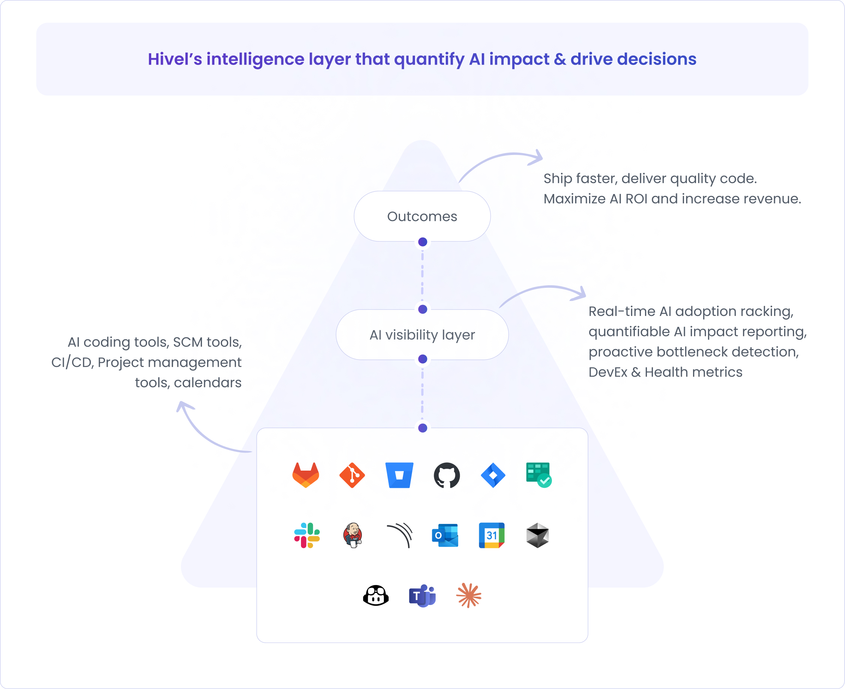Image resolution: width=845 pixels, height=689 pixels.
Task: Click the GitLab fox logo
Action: tap(305, 475)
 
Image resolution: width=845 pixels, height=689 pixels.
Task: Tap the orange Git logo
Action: tap(352, 475)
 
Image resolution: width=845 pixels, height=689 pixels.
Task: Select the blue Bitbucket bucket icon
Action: tap(399, 475)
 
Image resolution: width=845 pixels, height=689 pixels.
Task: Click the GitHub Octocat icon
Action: tap(447, 475)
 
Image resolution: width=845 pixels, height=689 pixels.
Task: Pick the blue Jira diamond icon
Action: tap(493, 475)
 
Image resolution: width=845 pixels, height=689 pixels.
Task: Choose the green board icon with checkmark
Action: tap(538, 475)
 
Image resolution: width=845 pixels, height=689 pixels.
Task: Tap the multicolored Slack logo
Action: tap(307, 536)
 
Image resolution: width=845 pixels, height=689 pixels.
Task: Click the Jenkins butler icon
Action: tap(352, 536)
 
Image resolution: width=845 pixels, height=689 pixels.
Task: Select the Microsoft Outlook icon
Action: tap(445, 536)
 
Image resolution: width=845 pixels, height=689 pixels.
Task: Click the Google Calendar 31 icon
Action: tap(492, 536)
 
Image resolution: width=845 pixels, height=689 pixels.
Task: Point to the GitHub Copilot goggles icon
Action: tap(376, 596)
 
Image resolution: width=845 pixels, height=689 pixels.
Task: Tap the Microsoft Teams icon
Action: tap(422, 596)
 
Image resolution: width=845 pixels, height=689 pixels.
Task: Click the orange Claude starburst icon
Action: tap(469, 595)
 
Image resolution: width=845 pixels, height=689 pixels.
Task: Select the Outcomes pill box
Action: tap(422, 216)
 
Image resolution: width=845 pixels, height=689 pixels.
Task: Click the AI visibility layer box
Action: tap(422, 335)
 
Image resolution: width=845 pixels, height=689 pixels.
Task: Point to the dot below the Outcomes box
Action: tap(423, 242)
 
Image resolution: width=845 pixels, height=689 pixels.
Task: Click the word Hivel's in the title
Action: tap(174, 59)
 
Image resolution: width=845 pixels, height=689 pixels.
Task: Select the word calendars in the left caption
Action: tap(207, 383)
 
